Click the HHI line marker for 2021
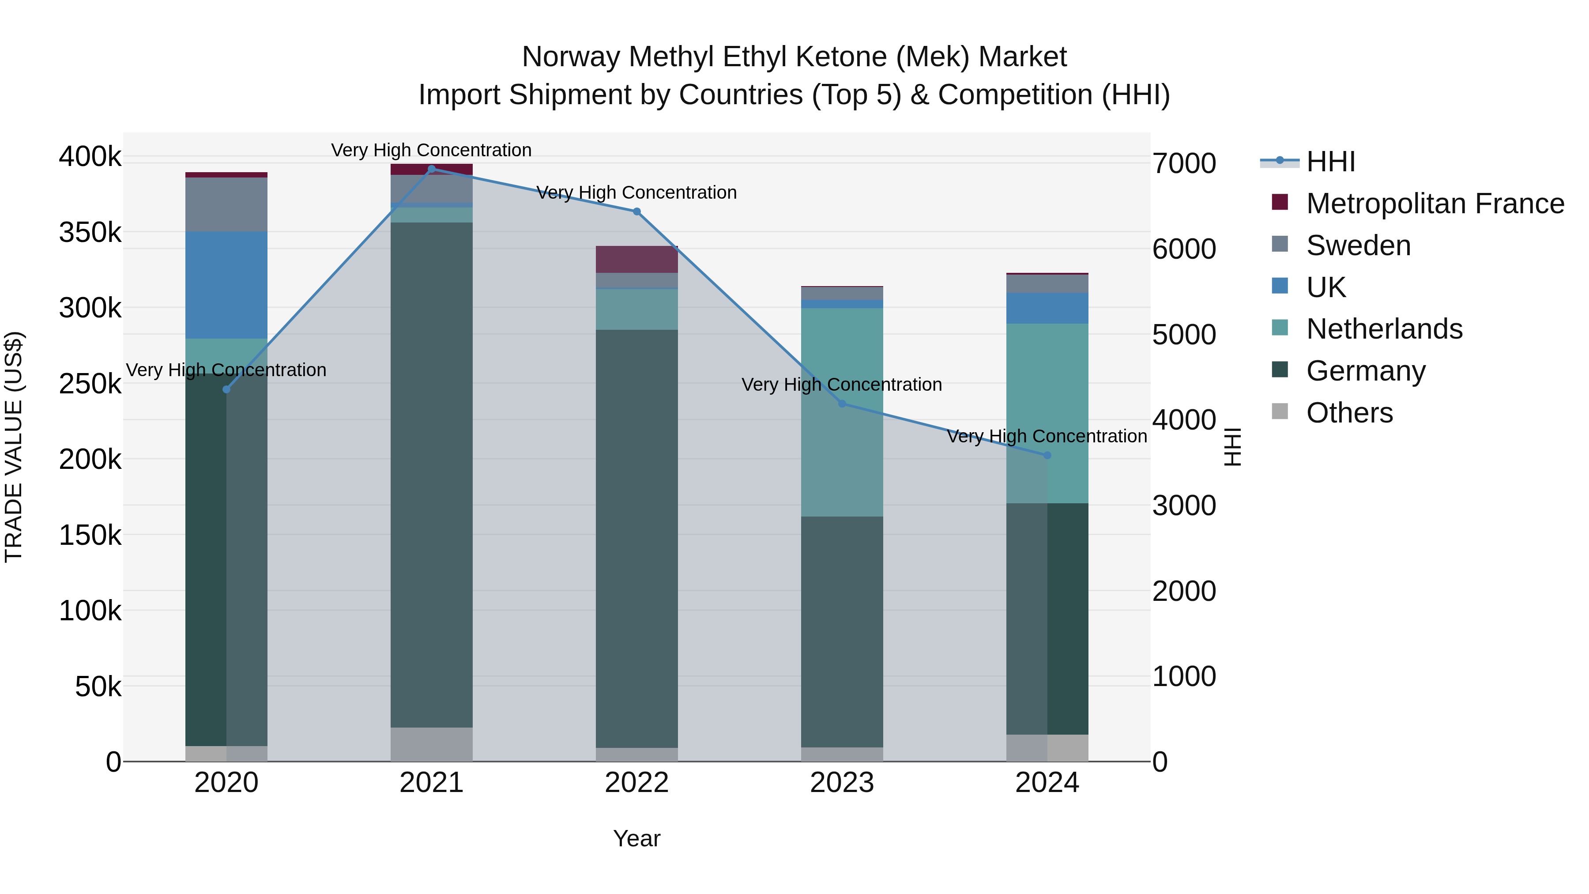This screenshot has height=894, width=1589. (x=431, y=169)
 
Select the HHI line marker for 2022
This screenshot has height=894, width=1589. (x=636, y=211)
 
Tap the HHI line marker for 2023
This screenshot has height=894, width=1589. (x=842, y=404)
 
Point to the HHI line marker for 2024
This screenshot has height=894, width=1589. (x=1047, y=455)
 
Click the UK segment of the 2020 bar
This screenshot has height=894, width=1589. (x=226, y=285)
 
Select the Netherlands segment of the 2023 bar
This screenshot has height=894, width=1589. (x=842, y=412)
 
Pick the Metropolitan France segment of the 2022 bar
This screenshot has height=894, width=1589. (x=636, y=260)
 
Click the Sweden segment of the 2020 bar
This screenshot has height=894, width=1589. (x=226, y=204)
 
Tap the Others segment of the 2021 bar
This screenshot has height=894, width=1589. (x=431, y=744)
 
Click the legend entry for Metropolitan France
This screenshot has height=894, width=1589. (x=1435, y=204)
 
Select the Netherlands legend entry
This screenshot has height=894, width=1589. (x=1384, y=329)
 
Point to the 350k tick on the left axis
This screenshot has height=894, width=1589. (x=90, y=233)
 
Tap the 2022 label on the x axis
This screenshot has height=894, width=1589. (x=636, y=783)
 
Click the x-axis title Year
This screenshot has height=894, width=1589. (x=636, y=838)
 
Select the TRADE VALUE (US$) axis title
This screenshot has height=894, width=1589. (x=14, y=447)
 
